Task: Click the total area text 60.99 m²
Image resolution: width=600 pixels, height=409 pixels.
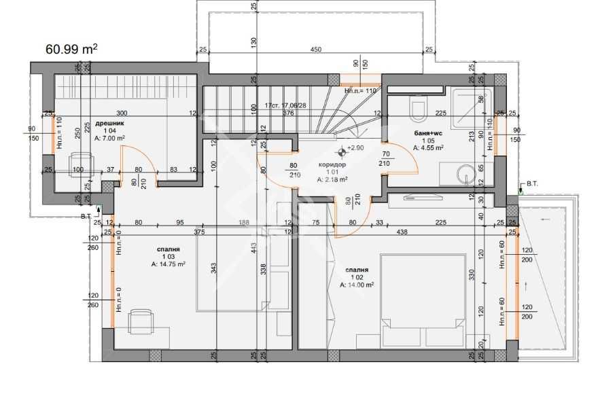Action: coord(71,49)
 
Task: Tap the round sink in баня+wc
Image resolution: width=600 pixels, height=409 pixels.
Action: coord(467,173)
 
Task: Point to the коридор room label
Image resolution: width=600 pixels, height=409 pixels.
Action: coord(332,164)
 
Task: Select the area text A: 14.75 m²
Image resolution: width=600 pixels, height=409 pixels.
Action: coord(169,265)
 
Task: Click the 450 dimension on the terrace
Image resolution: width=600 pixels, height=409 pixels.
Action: coord(315,49)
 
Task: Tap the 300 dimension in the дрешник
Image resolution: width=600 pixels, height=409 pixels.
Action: coord(122,113)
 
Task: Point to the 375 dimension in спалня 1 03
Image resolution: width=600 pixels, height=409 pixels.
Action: coord(199,232)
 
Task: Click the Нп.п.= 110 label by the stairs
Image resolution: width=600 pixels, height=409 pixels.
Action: coord(360,90)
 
